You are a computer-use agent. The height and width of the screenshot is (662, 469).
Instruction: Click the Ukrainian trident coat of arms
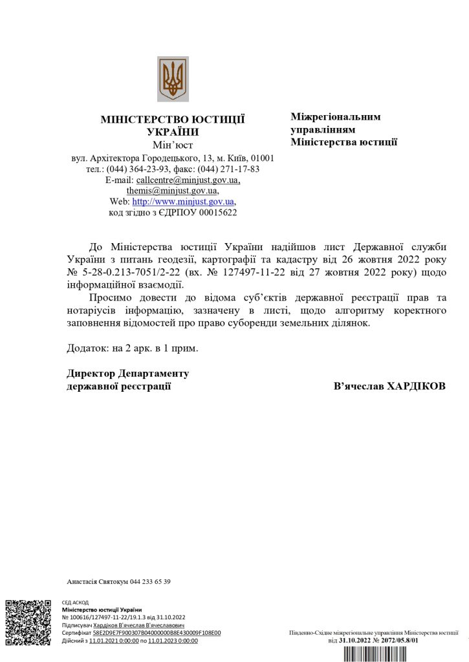[173, 79]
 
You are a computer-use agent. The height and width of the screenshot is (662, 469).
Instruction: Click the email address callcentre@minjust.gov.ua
[188, 180]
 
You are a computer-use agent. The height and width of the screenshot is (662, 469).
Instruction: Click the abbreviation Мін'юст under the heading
[173, 144]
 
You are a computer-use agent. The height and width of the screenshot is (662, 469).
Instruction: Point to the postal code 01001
[262, 158]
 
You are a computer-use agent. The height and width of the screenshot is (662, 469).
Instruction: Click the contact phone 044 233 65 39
[150, 582]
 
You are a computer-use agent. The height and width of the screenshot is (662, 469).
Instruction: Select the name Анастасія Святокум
[97, 582]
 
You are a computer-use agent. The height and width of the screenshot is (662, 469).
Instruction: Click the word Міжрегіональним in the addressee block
[336, 117]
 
